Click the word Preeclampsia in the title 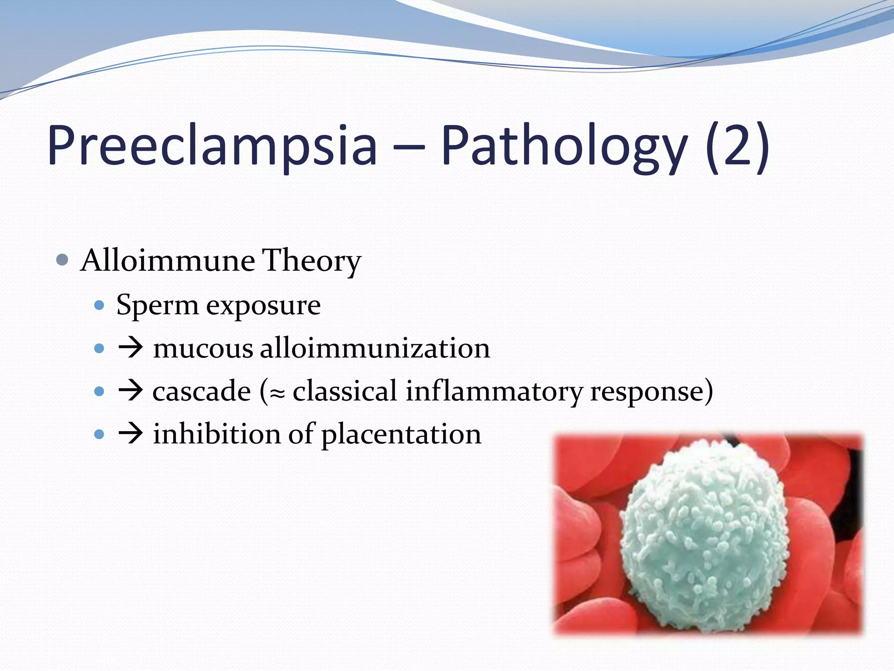coord(212,146)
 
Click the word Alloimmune coord(168,261)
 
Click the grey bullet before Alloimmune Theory coord(62,260)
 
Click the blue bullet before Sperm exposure coord(100,305)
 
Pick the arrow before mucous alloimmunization coord(131,348)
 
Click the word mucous coord(203,349)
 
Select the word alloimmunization coord(375,349)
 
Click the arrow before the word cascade coord(131,391)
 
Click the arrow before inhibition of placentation coord(131,434)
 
